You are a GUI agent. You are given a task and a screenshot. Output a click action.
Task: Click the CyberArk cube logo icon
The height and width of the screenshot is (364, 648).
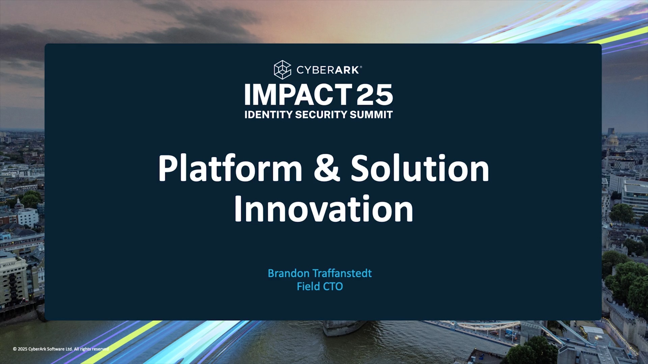(282, 69)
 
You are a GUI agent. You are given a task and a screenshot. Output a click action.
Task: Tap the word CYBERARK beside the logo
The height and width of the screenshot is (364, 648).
(327, 70)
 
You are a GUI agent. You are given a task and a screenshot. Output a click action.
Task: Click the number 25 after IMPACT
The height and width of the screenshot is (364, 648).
(375, 95)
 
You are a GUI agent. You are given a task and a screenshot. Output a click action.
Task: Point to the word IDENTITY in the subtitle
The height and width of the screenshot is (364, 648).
(268, 115)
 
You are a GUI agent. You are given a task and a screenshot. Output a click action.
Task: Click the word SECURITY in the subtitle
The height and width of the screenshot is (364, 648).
(321, 115)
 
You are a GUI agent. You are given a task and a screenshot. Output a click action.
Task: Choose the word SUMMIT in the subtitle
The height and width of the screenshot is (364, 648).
(371, 115)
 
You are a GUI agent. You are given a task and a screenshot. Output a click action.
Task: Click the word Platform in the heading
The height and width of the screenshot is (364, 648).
(230, 168)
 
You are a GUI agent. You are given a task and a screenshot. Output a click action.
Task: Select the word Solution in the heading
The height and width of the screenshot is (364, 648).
(420, 168)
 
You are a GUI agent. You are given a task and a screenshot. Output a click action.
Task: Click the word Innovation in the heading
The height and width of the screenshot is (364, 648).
(324, 209)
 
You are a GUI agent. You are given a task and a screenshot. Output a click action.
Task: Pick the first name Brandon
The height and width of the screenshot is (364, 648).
(289, 273)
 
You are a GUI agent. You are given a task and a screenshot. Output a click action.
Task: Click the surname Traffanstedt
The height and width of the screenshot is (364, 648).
(342, 273)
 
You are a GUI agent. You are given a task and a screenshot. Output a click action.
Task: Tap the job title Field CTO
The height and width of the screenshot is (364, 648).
(320, 286)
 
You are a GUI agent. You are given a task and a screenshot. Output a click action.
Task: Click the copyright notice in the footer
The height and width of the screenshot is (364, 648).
(61, 349)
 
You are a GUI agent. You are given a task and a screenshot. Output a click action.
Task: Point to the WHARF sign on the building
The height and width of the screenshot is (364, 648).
(9, 265)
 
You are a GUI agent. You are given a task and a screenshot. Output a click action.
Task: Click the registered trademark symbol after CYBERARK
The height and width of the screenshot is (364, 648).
(361, 67)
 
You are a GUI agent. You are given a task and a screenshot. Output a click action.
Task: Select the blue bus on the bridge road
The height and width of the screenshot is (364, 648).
(511, 334)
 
